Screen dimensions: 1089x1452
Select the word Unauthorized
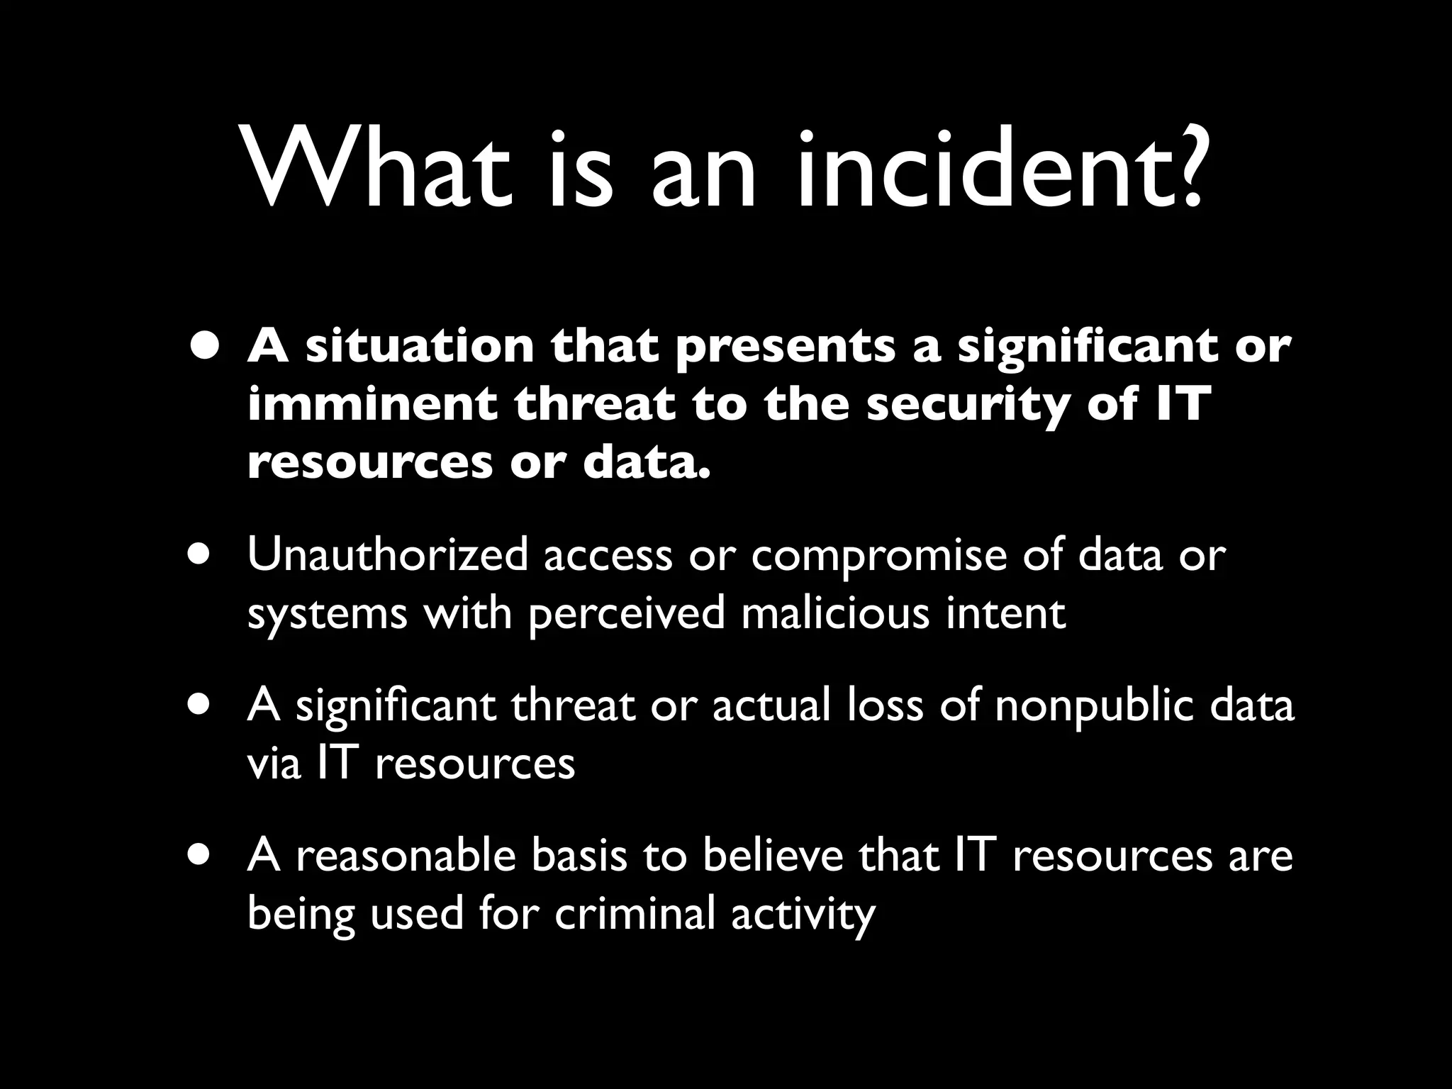[388, 554]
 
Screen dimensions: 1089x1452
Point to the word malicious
[834, 613]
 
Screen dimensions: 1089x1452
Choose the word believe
[773, 855]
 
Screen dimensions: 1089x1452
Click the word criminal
[635, 913]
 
